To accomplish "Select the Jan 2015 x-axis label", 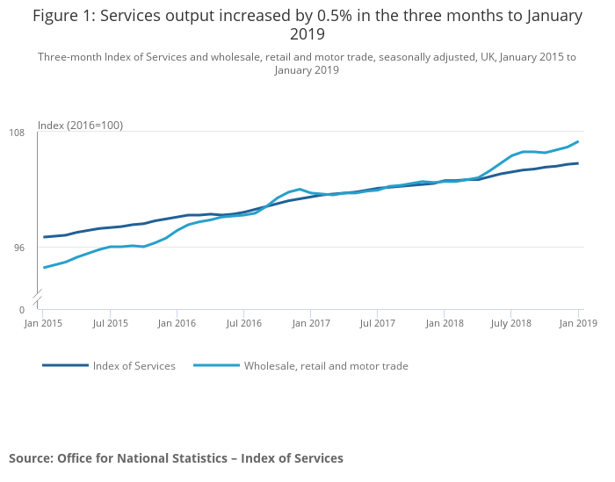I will pos(43,323).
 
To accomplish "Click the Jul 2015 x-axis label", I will pos(110,323).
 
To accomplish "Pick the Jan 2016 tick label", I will pos(177,323).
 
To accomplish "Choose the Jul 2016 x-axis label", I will pos(244,323).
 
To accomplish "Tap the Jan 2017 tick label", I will pos(311,323).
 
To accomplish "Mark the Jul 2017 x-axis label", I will pos(377,323).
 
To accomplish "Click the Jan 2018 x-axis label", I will pos(445,323).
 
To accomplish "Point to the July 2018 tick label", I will pos(510,323).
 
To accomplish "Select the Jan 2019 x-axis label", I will pos(578,323).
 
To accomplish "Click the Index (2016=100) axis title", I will pos(80,126).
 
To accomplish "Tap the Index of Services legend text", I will pos(134,366).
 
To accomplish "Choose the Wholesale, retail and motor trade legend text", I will pos(326,366).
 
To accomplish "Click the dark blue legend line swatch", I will pos(65,365).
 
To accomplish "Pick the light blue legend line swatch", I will pos(216,365).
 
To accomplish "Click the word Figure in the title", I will pos(55,16).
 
